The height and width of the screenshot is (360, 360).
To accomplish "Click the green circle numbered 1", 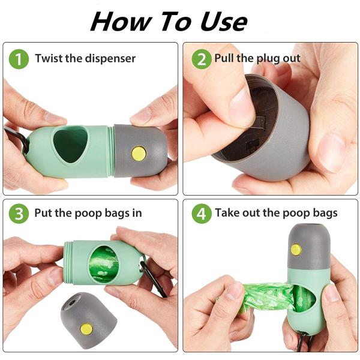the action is [19, 59].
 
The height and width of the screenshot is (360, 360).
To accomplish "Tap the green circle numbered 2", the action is [202, 59].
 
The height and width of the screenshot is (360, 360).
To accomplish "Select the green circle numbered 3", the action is [19, 214].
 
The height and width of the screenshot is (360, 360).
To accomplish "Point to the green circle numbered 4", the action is [202, 214].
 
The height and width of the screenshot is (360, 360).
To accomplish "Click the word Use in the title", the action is [224, 22].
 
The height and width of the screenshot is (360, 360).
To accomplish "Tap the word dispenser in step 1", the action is [110, 59].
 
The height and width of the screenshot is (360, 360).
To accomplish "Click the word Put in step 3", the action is [43, 213].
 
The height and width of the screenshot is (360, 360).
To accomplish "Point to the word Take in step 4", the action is [227, 212].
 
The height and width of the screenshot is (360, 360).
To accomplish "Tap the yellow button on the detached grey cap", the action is [86, 329].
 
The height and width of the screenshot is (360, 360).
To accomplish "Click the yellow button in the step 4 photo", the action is [296, 250].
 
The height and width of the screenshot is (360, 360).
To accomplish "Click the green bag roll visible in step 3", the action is [104, 264].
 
